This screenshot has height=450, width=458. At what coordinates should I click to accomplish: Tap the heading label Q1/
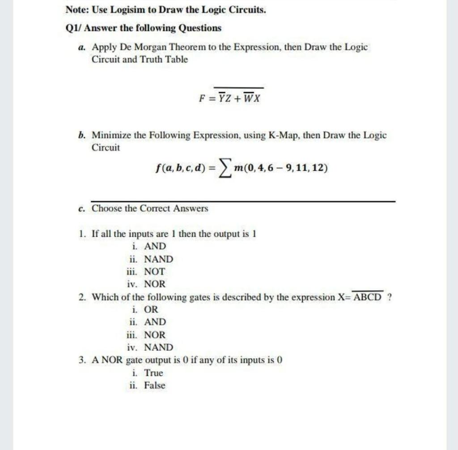(x=73, y=28)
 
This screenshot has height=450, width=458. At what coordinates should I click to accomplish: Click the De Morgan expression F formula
(x=231, y=97)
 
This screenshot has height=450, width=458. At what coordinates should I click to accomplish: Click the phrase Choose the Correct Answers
(x=150, y=208)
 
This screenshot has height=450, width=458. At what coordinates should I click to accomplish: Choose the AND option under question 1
(x=155, y=246)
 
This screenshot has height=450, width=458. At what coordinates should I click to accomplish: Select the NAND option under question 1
(x=158, y=259)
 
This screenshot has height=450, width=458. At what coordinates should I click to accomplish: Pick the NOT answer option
(x=154, y=271)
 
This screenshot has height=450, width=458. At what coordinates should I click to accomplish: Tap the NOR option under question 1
(x=154, y=284)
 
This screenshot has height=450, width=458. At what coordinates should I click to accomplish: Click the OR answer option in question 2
(x=151, y=309)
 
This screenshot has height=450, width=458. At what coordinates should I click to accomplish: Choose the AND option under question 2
(x=155, y=322)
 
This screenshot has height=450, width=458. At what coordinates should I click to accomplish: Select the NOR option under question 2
(x=154, y=334)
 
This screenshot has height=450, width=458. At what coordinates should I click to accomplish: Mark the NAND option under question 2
(x=158, y=347)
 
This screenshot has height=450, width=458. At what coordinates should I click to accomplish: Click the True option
(x=153, y=373)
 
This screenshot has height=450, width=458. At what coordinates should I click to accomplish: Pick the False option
(x=154, y=385)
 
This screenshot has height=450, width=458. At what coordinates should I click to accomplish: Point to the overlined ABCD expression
(x=369, y=297)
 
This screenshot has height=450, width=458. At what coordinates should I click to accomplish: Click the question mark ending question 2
(x=390, y=297)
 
